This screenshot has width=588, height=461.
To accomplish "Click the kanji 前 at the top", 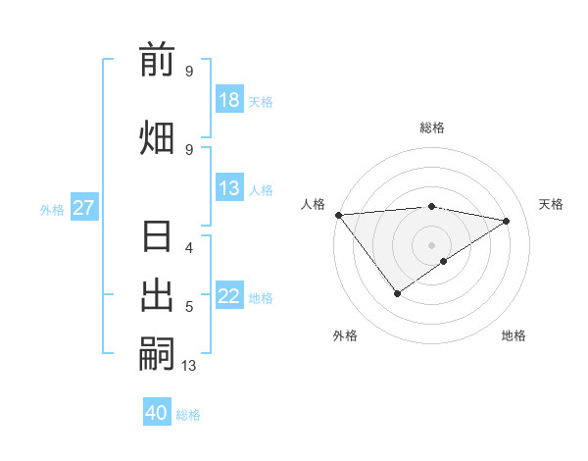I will click(x=157, y=60).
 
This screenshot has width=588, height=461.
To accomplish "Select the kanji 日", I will click(x=157, y=238).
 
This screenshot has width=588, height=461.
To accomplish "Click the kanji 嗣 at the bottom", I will click(x=157, y=352).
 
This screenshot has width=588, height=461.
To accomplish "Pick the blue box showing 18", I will click(x=229, y=100).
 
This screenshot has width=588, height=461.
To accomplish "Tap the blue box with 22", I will click(x=229, y=297).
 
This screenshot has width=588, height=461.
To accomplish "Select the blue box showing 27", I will click(x=84, y=208).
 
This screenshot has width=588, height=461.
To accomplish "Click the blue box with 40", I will click(x=157, y=413).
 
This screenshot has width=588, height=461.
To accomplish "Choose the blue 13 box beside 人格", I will click(x=229, y=189).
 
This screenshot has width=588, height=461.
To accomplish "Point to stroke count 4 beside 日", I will click(x=189, y=247).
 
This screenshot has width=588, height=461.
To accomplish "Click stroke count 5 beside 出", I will click(x=189, y=307).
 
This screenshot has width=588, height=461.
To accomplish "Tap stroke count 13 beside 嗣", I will click(x=189, y=366).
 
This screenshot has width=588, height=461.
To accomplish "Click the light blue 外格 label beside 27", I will click(x=52, y=209).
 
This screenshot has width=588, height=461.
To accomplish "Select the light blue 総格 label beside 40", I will click(x=188, y=415).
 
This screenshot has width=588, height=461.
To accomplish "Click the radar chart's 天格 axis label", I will click(x=551, y=204).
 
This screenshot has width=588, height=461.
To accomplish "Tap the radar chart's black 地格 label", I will click(x=514, y=335).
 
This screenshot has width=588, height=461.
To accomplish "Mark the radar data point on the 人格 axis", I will click(x=338, y=215).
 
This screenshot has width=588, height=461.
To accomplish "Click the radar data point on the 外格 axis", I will click(x=397, y=293).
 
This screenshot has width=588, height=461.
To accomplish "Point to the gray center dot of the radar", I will click(x=431, y=244).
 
